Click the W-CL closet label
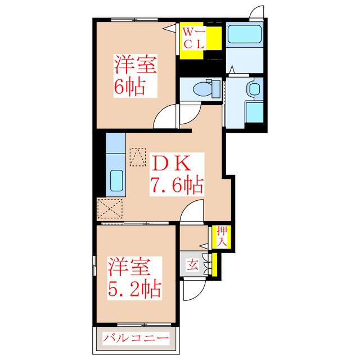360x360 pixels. pos(193,38)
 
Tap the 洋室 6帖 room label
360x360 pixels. pos(136,76)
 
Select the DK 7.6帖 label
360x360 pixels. pos(177,174)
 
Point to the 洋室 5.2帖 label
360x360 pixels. pos(135,278)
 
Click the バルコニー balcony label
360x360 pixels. pos(136,338)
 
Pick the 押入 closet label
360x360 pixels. pos(222,236)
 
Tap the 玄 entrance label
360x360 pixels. pos(192,265)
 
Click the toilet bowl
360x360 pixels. pos(202,89)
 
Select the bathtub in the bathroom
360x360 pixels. pos(245,34)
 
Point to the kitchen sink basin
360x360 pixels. pos(116,181)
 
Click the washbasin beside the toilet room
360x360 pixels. pos(254,89)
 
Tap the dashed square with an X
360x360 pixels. pos(110,209)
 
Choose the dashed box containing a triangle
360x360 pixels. pos(138,157)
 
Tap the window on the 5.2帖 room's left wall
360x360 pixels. pos(94,265)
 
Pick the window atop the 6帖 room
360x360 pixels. pos(134,20)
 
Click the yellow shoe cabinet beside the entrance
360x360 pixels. pos(214,265)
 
